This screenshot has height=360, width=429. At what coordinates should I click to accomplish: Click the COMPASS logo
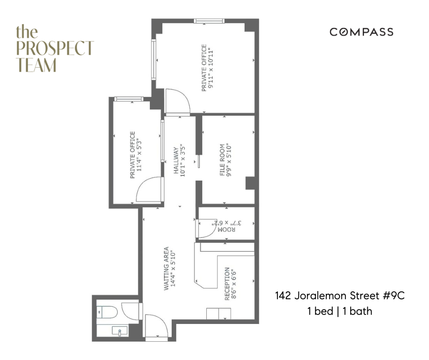tap(361, 32)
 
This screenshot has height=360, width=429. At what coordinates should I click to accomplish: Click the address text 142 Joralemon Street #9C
tap(340, 296)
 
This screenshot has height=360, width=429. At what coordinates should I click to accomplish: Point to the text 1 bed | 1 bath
tap(340, 312)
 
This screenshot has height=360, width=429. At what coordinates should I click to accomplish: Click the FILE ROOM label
tap(223, 160)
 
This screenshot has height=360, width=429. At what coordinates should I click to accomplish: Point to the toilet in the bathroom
tap(108, 312)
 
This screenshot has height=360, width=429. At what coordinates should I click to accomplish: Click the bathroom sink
tap(120, 331)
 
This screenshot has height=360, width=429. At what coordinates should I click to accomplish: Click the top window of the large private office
tap(209, 21)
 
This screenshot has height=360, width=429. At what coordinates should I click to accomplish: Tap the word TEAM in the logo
tap(37, 64)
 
